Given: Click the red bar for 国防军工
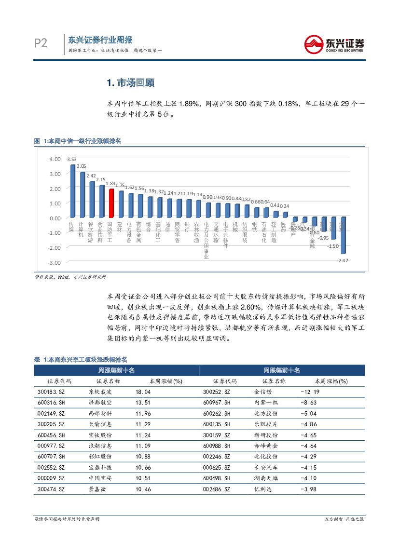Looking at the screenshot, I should click(x=111, y=203).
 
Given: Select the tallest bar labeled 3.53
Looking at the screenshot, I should click(x=72, y=191).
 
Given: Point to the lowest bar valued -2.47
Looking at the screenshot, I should click(x=343, y=236).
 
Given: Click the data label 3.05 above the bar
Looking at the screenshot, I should click(x=82, y=166).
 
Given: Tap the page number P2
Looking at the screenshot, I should click(x=41, y=44).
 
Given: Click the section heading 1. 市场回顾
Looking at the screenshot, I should click(x=130, y=82).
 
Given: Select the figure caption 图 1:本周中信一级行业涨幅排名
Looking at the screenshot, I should click(x=77, y=141).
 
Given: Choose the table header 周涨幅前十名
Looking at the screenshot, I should click(x=116, y=370).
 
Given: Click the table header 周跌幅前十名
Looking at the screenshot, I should click(x=282, y=370).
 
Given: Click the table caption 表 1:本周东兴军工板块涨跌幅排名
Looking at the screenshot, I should click(x=81, y=359).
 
